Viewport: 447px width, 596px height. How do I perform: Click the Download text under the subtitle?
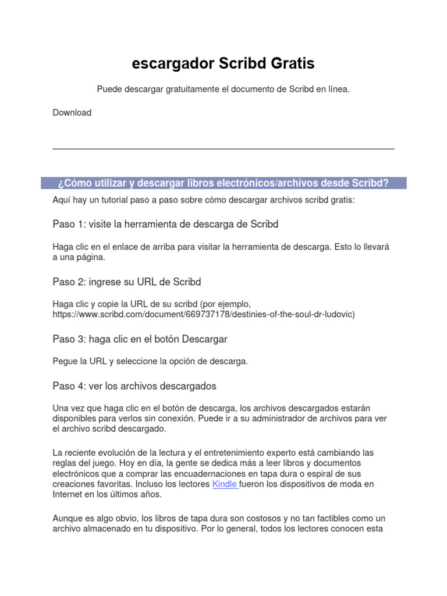[72, 113]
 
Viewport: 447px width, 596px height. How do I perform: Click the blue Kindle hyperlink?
[224, 484]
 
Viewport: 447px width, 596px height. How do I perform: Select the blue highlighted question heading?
[223, 183]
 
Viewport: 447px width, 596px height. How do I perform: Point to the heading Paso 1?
[165, 224]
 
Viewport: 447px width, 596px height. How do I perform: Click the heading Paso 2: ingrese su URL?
[126, 282]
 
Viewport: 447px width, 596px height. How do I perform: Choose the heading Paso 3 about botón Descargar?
[140, 339]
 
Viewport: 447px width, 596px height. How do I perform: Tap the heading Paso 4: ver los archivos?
[134, 386]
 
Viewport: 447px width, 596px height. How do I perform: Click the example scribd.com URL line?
[203, 314]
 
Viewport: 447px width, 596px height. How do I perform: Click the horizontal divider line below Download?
[223, 149]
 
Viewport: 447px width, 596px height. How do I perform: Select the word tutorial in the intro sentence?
[122, 200]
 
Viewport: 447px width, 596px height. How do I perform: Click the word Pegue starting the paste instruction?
[65, 361]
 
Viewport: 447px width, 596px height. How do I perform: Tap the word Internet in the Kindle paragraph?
[68, 495]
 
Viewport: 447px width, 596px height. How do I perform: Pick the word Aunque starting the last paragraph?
[68, 518]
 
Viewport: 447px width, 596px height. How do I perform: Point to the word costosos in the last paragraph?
[244, 518]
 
